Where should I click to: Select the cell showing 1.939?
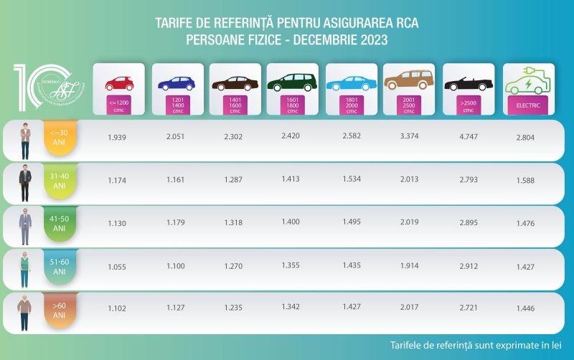click(117, 137)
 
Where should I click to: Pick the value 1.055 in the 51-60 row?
click(117, 266)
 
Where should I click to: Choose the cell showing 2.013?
click(409, 180)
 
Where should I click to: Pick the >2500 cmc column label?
click(468, 107)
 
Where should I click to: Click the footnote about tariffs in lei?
click(475, 343)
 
